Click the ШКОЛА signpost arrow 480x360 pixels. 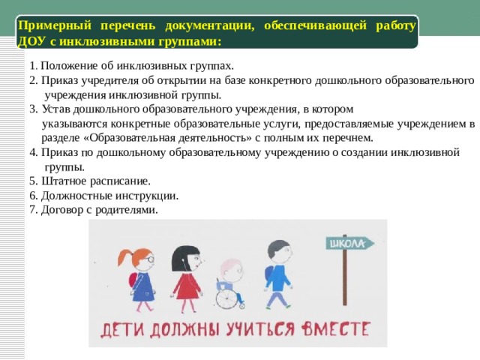(x=347, y=243)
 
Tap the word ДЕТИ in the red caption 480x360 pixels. (x=122, y=330)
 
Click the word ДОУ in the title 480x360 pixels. (x=31, y=40)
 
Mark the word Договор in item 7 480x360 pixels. (x=62, y=210)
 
